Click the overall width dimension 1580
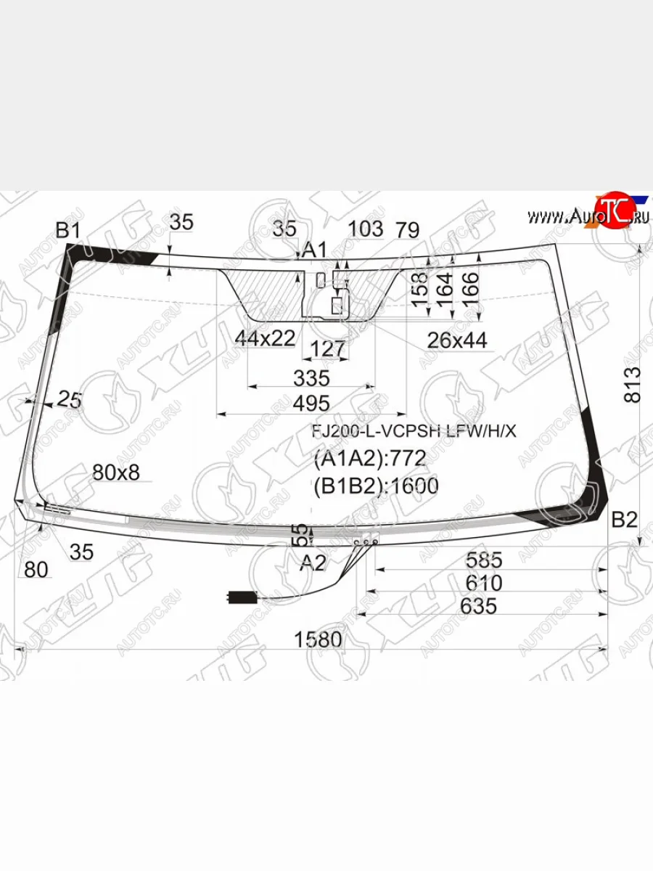[317, 639]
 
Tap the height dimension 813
[633, 384]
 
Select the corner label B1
[67, 231]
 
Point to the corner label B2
[624, 520]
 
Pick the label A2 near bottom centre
[313, 563]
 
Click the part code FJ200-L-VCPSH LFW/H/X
[414, 431]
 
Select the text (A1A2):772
[369, 459]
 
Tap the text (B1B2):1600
[376, 486]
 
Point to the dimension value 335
[311, 378]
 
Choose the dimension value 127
[327, 350]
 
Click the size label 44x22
[265, 338]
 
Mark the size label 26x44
[457, 339]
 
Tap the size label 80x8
[116, 473]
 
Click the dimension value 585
[484, 560]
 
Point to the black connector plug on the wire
[240, 598]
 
